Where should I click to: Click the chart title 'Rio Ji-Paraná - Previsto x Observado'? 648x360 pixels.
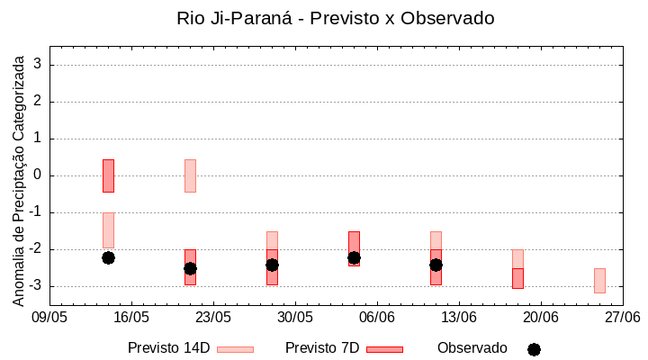[336, 18]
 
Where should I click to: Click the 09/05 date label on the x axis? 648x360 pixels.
[49, 318]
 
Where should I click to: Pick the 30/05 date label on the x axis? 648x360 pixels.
[295, 318]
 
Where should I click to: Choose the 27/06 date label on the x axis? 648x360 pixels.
[622, 318]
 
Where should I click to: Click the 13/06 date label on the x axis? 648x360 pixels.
[459, 318]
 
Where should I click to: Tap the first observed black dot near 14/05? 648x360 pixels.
[108, 257]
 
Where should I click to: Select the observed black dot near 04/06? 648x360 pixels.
[354, 257]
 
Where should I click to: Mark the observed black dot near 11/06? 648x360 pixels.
[436, 265]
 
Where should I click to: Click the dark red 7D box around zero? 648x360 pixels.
[108, 175]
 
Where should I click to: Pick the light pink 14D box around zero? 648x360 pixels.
[190, 175]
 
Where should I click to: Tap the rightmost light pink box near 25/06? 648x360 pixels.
[599, 280]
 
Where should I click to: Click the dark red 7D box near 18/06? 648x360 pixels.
[517, 278]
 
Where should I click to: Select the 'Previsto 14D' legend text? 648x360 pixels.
[168, 348]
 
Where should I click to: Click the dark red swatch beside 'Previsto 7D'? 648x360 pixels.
[384, 349]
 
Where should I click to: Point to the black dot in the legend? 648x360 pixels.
[534, 349]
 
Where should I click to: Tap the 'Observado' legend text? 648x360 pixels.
[472, 348]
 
